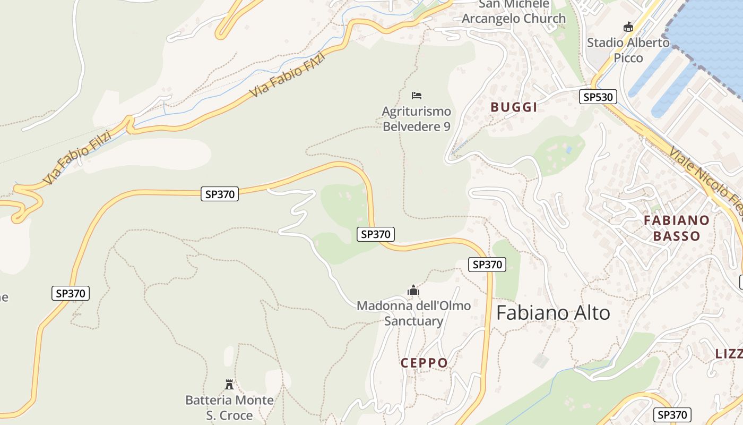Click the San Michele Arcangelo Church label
514,12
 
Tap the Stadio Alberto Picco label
628,50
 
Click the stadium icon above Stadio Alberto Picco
628,27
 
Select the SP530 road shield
598,97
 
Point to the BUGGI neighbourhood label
514,107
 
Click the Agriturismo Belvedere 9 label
417,119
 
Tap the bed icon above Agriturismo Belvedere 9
417,96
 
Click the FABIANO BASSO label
677,228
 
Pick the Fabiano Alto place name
553,313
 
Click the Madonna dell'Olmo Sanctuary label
413,313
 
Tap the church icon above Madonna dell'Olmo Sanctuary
413,291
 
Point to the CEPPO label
424,363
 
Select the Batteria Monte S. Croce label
229,407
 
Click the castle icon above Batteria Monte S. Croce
229,384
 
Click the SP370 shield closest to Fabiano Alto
487,265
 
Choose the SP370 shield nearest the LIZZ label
672,415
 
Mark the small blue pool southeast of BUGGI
569,150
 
